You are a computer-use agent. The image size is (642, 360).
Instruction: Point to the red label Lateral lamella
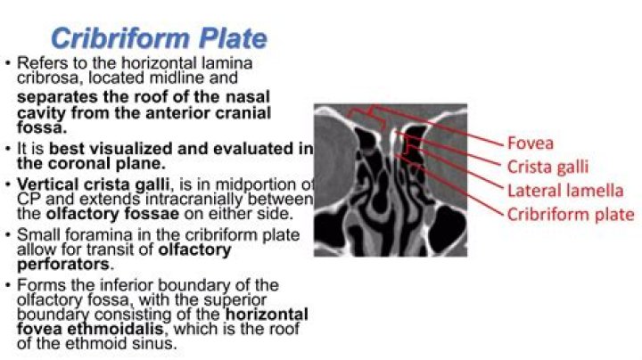point(564,190)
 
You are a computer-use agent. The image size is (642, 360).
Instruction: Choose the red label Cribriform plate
point(571,214)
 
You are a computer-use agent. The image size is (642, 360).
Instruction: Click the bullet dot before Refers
point(7,65)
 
